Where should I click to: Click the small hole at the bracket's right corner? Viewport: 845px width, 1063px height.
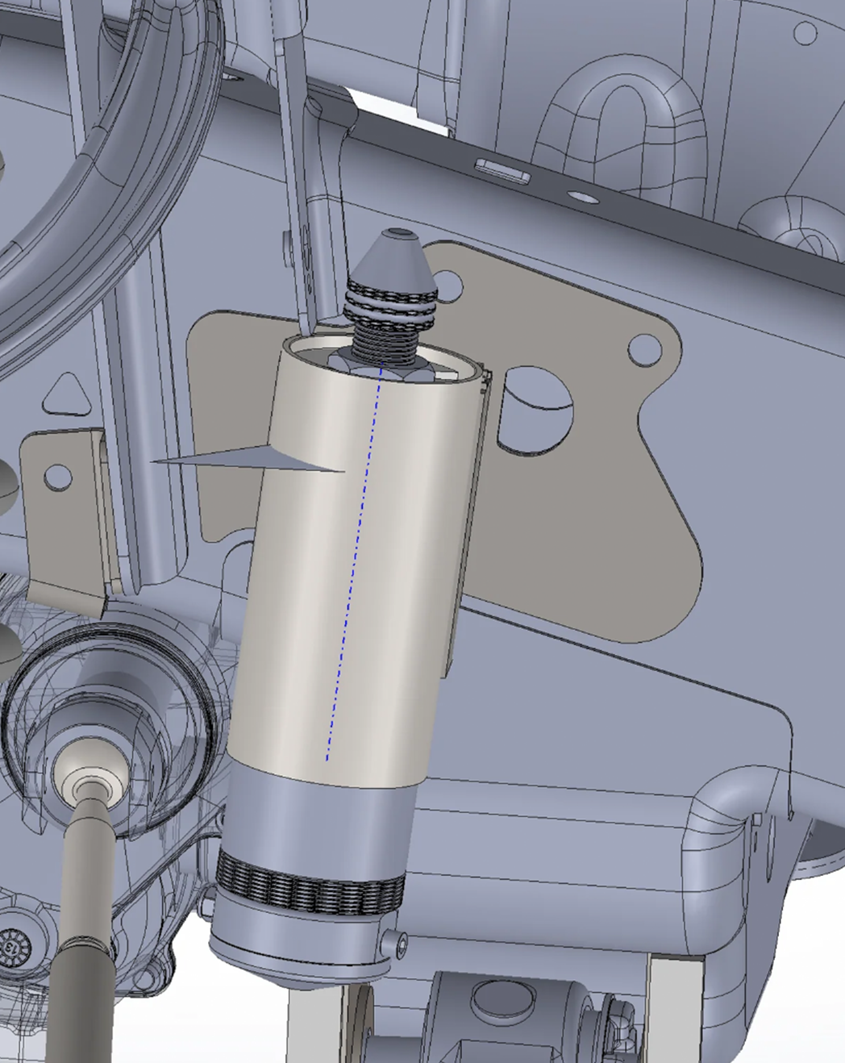(643, 348)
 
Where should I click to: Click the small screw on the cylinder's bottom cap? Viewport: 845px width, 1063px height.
(392, 943)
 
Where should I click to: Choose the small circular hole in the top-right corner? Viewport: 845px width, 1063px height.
(805, 33)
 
